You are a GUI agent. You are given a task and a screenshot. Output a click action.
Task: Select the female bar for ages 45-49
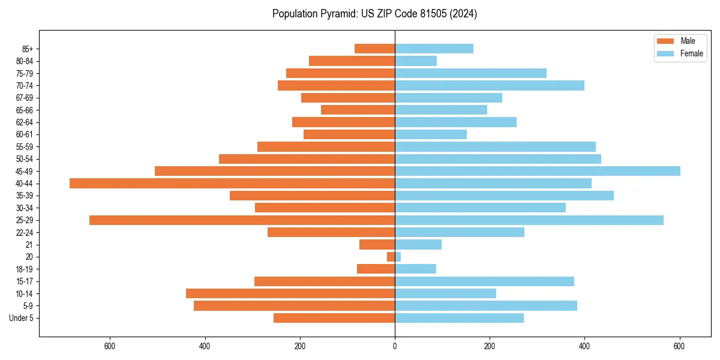(x=538, y=171)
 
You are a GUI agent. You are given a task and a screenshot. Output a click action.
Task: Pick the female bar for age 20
(x=398, y=257)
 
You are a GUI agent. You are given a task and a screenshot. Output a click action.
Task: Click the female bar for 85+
(x=434, y=49)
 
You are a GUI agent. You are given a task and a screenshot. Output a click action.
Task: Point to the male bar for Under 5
(x=334, y=318)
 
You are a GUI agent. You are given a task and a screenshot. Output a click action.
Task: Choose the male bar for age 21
(x=377, y=245)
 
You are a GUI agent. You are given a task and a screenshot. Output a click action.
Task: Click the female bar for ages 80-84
(x=416, y=61)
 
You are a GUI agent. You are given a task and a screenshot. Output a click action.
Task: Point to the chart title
(x=374, y=14)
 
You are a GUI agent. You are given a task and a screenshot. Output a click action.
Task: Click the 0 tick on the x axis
(x=395, y=346)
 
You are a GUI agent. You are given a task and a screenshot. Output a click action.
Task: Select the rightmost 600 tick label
(x=679, y=346)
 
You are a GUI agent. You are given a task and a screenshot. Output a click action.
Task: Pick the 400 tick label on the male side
(x=205, y=346)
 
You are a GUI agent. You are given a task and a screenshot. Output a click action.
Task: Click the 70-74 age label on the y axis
(x=25, y=85)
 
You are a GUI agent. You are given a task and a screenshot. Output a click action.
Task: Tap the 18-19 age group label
(x=25, y=269)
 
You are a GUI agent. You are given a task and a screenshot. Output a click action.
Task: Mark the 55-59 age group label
(x=25, y=146)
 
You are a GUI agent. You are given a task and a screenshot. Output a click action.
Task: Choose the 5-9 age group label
(x=28, y=306)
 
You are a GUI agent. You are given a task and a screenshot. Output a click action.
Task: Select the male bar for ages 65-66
(x=358, y=110)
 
